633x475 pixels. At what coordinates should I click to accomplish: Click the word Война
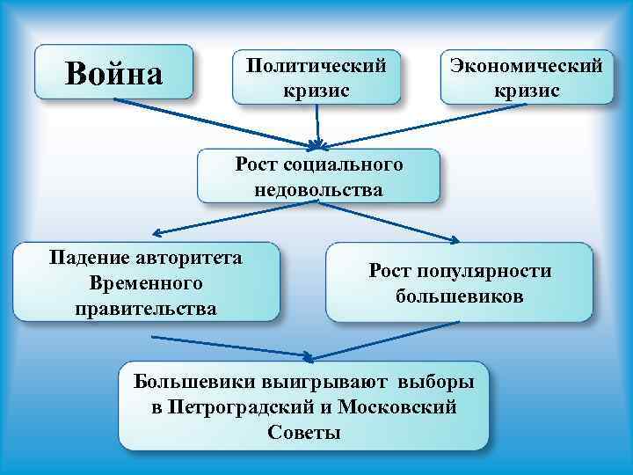tap(114, 73)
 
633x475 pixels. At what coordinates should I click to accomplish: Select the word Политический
tap(316, 65)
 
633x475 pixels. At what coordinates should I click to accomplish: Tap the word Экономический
tap(527, 65)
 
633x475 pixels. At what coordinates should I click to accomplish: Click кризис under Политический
tap(316, 91)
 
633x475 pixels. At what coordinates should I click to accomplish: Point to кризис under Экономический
tap(527, 91)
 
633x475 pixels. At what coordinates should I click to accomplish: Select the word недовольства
tap(318, 189)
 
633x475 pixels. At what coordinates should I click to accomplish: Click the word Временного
tap(146, 283)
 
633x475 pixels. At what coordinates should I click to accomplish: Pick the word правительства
tap(146, 309)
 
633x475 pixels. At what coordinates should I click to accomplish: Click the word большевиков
tap(459, 296)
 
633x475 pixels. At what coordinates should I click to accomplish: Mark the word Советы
tap(302, 433)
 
